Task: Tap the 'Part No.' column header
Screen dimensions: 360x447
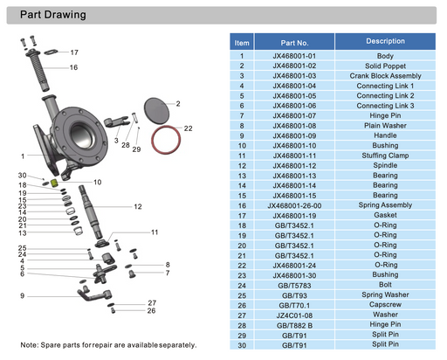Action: (295, 42)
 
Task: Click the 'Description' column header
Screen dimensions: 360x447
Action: (385, 41)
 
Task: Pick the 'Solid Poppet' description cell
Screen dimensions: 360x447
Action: (385, 66)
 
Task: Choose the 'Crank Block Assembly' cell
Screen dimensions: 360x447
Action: (385, 76)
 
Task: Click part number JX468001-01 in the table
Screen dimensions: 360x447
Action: (295, 56)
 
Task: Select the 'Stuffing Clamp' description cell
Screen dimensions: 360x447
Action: (385, 155)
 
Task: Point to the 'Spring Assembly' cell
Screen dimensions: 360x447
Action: (385, 205)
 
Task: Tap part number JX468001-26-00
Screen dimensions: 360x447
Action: (295, 205)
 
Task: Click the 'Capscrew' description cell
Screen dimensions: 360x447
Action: (385, 305)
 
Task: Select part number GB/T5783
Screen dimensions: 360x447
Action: (295, 285)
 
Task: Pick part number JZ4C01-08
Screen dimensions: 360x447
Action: (295, 315)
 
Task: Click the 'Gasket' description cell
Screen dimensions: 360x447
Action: (385, 215)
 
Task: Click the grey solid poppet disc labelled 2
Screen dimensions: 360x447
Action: (155, 111)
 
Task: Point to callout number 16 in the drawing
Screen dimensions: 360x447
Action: (73, 67)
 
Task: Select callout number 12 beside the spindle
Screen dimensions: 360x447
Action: (138, 206)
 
